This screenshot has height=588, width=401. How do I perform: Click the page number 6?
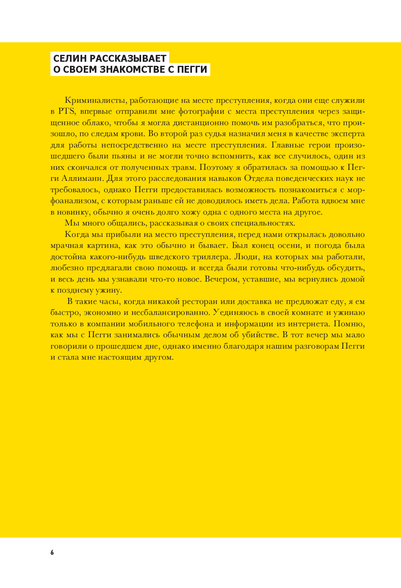click(52, 552)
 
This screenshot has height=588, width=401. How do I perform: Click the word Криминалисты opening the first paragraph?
click(89, 100)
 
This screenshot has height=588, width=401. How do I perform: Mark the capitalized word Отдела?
click(259, 178)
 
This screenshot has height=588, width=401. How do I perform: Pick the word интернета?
click(308, 324)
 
